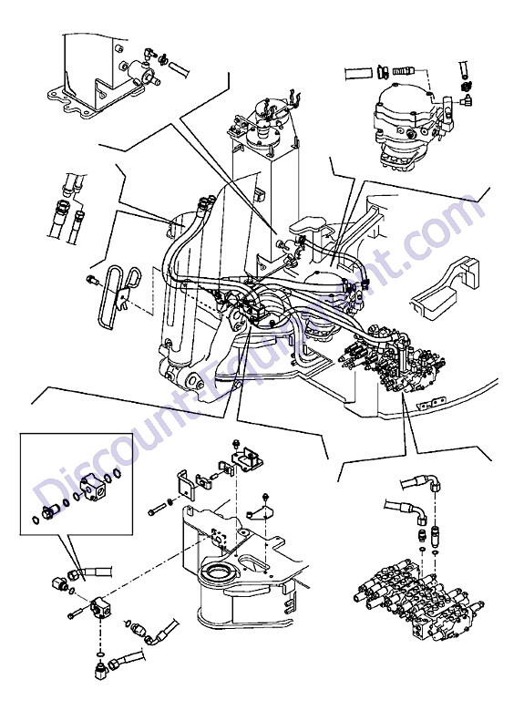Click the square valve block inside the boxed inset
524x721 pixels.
coord(92,488)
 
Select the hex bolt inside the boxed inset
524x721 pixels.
coord(49,511)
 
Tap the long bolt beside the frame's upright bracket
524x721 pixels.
coord(157,510)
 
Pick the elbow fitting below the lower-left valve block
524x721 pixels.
coord(99,671)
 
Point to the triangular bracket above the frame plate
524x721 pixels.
coord(258,510)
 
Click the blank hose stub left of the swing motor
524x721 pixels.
coord(359,73)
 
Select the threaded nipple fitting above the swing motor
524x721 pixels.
coord(404,71)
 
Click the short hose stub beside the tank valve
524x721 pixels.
coord(180,69)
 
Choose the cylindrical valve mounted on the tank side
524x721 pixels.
coord(139,72)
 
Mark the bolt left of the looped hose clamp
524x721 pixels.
coord(91,279)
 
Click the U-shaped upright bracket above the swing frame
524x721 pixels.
coord(186,486)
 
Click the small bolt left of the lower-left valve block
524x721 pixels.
coord(75,613)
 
